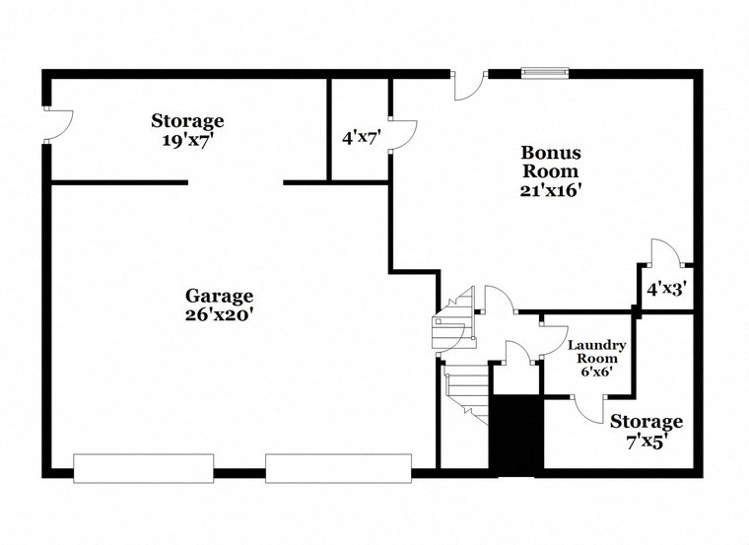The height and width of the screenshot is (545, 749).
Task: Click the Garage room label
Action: click(x=219, y=296)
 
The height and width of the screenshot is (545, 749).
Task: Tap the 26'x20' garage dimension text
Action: click(x=219, y=315)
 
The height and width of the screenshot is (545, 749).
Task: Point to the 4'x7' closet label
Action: click(x=361, y=138)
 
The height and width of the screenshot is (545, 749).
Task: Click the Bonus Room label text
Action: click(x=551, y=162)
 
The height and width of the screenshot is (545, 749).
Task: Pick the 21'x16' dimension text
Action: click(x=551, y=191)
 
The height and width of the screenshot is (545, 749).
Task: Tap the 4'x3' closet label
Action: click(x=666, y=290)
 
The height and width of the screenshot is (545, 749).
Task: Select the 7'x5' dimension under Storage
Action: click(x=646, y=443)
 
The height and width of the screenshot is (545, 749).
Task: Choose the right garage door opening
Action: click(x=338, y=468)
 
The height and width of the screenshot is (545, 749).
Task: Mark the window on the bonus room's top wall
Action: click(x=545, y=72)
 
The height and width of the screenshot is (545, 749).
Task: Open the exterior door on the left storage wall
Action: click(x=57, y=124)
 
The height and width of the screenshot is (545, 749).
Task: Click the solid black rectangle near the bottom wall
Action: click(x=516, y=434)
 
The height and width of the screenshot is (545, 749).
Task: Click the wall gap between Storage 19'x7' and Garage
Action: click(x=236, y=182)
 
